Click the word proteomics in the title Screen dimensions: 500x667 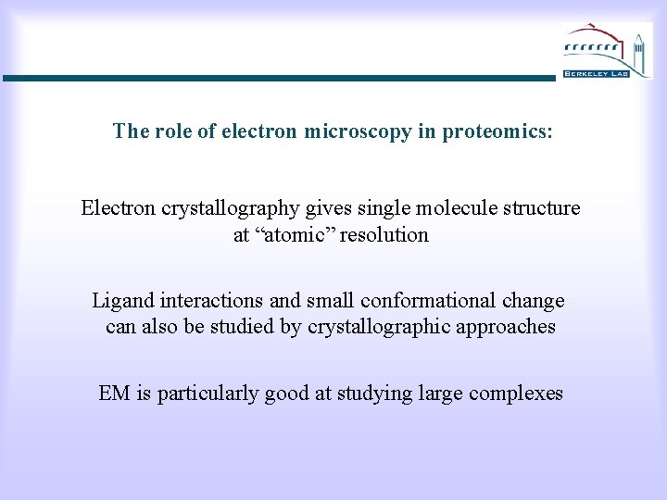[497, 131]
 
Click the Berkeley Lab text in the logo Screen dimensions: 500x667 [596, 72]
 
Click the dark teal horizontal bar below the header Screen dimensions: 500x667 [278, 79]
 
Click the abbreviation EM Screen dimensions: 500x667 [115, 394]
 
